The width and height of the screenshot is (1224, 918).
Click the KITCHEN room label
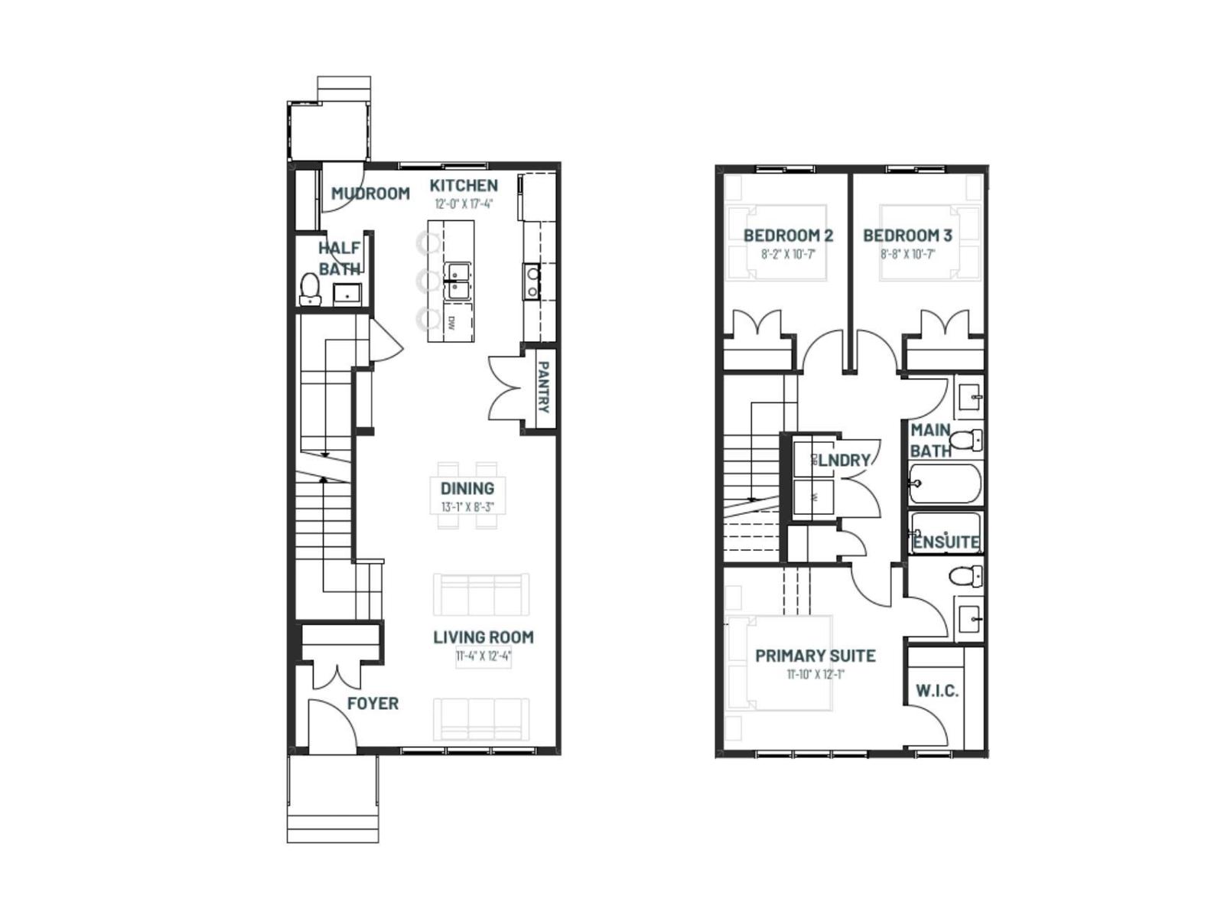coord(464,185)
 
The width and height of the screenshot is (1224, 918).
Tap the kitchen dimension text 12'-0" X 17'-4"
coord(464,204)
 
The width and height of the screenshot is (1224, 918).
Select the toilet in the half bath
coord(310,288)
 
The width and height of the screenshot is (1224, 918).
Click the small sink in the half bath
coord(347,293)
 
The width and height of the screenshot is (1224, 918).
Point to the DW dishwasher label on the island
coord(451,324)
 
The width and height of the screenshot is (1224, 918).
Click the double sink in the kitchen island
coord(458,281)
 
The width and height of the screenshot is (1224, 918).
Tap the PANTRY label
coord(543,387)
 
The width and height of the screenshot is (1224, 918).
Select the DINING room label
coord(467,488)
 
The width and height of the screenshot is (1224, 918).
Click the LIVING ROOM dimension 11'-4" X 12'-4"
coord(483,656)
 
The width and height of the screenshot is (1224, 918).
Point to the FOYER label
coord(373,704)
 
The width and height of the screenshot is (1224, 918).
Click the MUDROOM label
coord(370,194)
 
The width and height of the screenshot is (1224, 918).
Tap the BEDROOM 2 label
coord(788,236)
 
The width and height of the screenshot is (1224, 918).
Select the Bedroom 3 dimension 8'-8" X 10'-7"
coord(907,254)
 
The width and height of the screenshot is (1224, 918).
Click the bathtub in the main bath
coord(945,483)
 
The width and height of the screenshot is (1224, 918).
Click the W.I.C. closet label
coord(937,691)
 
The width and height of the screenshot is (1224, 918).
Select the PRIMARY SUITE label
coord(815,656)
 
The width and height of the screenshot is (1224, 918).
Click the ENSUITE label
coord(946,542)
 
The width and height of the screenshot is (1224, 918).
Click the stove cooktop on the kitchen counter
coord(532,282)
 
